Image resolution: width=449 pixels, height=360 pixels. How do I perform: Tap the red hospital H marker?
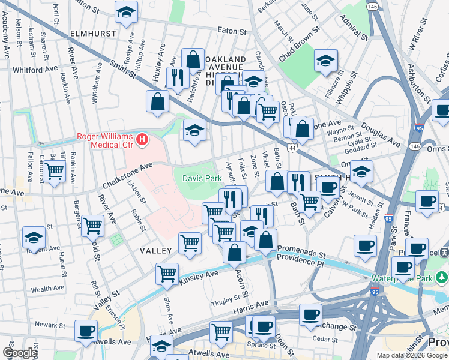coord(142,140)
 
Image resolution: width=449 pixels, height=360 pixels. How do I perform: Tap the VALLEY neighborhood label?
coord(157,250)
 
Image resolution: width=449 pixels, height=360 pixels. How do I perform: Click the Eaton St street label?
coord(232,31)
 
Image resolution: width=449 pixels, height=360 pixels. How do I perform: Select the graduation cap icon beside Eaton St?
coord(126,12)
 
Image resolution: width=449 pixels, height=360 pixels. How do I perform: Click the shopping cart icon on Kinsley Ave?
coord(167,273)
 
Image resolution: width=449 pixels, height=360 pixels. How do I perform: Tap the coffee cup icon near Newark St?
coord(86,329)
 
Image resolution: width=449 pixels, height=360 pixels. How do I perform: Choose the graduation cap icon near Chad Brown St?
coord(325,60)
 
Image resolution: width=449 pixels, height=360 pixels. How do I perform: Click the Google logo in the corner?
coord(20,353)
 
